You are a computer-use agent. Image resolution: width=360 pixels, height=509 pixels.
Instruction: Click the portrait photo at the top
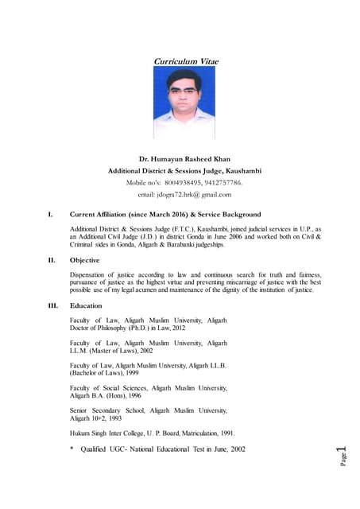184,103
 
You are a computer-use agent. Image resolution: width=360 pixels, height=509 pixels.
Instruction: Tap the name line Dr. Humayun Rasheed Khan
184,159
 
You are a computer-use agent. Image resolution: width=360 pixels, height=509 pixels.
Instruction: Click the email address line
184,194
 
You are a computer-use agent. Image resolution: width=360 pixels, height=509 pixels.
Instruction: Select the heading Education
87,305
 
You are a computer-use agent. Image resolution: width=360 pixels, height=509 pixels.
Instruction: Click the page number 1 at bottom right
342,453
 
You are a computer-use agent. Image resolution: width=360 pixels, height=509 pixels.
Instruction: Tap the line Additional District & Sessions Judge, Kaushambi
184,171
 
